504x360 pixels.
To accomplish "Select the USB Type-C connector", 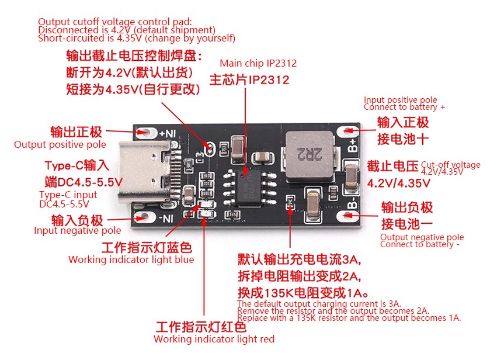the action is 146,173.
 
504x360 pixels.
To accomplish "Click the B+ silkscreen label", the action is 353,145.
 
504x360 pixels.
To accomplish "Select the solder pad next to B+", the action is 347,131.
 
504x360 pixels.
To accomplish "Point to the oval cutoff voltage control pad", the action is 210,149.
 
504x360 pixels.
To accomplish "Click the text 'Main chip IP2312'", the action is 258,63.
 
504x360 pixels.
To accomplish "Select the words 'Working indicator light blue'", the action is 131,259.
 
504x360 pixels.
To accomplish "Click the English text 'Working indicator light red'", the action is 214,339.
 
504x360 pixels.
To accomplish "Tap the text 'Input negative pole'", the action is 78,230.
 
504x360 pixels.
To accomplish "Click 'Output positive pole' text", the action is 60,144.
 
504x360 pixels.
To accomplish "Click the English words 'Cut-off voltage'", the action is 451,165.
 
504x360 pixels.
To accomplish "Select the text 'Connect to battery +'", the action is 404,107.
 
